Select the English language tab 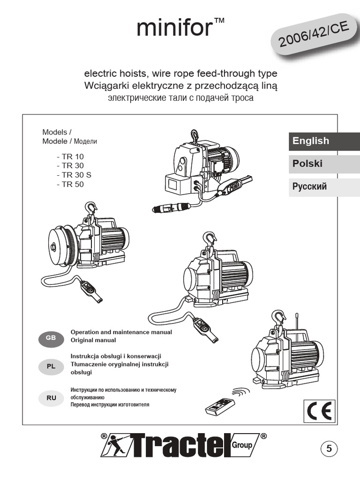[311, 141]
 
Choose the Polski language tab [307, 164]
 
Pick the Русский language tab [309, 187]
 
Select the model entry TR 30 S [73, 175]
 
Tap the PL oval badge [51, 367]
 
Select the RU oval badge [51, 398]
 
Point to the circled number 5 [329, 449]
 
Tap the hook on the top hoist [193, 136]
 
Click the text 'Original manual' [93, 340]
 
